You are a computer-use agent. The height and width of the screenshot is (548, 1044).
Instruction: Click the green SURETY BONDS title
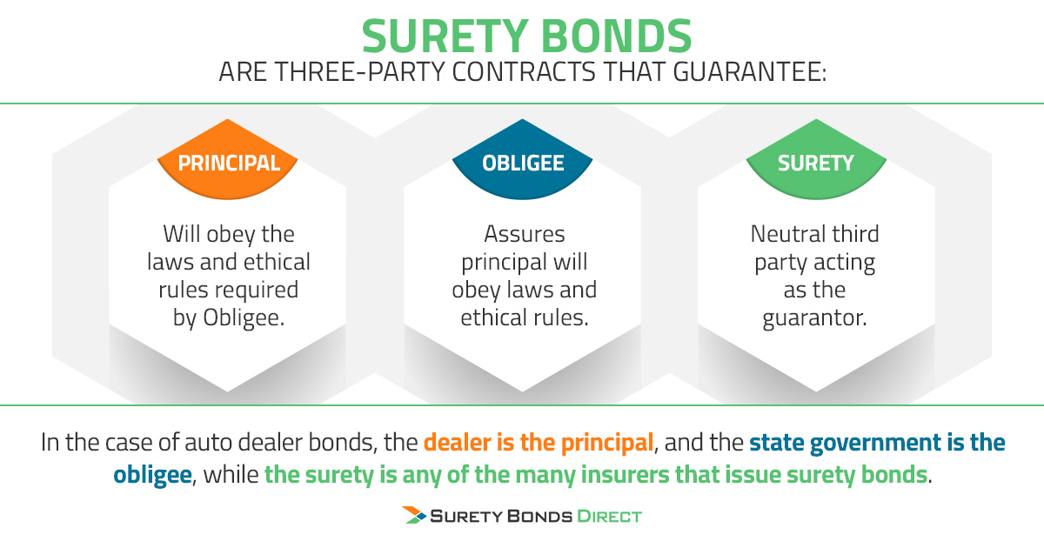tap(526, 36)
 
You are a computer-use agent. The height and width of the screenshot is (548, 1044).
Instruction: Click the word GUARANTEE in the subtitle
tap(749, 71)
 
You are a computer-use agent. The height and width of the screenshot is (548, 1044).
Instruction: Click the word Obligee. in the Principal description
tap(244, 318)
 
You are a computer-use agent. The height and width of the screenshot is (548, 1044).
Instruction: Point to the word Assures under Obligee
tap(525, 234)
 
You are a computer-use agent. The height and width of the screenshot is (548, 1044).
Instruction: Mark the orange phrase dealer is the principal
tap(539, 443)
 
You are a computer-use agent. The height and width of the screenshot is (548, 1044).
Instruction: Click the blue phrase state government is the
tap(877, 443)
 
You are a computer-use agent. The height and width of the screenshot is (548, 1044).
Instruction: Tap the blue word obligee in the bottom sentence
tap(152, 475)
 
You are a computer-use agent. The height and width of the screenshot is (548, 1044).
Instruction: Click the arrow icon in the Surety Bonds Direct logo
tap(414, 515)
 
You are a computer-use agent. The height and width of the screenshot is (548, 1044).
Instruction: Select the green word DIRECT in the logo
tap(609, 517)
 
